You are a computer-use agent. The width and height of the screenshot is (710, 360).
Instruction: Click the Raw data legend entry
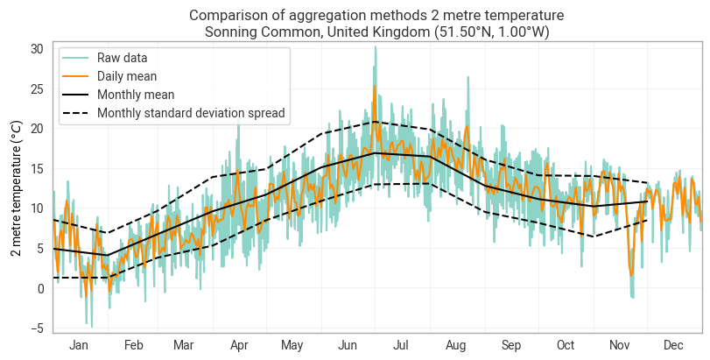[x=122, y=58]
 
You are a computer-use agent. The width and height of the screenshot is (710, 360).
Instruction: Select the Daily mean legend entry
[x=126, y=76]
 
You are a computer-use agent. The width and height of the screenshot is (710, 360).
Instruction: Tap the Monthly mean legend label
[x=136, y=95]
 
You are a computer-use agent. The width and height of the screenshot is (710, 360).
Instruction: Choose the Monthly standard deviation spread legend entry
[x=192, y=113]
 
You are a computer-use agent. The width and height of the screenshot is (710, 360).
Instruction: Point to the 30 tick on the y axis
[x=36, y=48]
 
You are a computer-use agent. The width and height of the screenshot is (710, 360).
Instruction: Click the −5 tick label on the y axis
[x=36, y=328]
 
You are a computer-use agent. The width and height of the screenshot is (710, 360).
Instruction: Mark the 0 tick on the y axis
[x=39, y=288]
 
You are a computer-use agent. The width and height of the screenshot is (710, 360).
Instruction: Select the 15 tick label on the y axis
[x=36, y=168]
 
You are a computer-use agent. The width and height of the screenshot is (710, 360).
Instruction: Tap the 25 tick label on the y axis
[x=36, y=88]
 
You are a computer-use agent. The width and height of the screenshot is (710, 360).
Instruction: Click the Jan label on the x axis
[x=79, y=346]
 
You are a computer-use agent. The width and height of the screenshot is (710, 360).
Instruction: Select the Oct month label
[x=566, y=346]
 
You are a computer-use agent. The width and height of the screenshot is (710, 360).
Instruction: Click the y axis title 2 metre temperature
[x=16, y=189]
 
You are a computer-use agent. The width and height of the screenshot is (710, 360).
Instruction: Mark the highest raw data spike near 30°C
[x=376, y=47]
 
